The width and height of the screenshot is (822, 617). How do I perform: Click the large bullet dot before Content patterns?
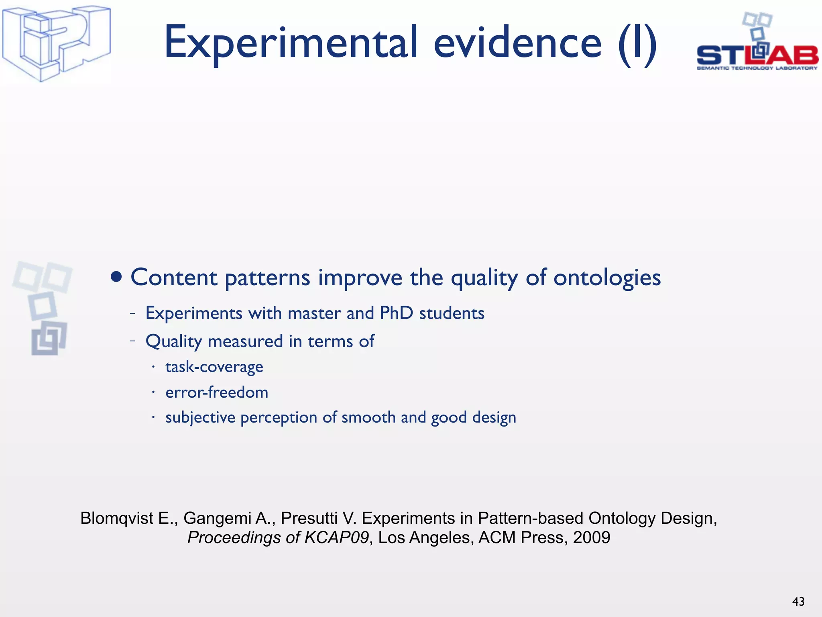(116, 277)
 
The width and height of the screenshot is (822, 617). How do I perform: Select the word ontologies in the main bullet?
(607, 278)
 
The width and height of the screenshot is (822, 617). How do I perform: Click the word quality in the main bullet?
(484, 278)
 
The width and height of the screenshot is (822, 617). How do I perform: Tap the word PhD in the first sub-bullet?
(396, 313)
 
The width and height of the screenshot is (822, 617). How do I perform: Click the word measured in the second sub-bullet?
(245, 341)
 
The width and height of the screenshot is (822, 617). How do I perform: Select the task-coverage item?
(214, 367)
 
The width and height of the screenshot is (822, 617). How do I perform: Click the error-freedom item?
(217, 392)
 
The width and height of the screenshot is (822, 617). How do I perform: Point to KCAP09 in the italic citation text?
(336, 537)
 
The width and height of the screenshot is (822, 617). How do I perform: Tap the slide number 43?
(798, 601)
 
